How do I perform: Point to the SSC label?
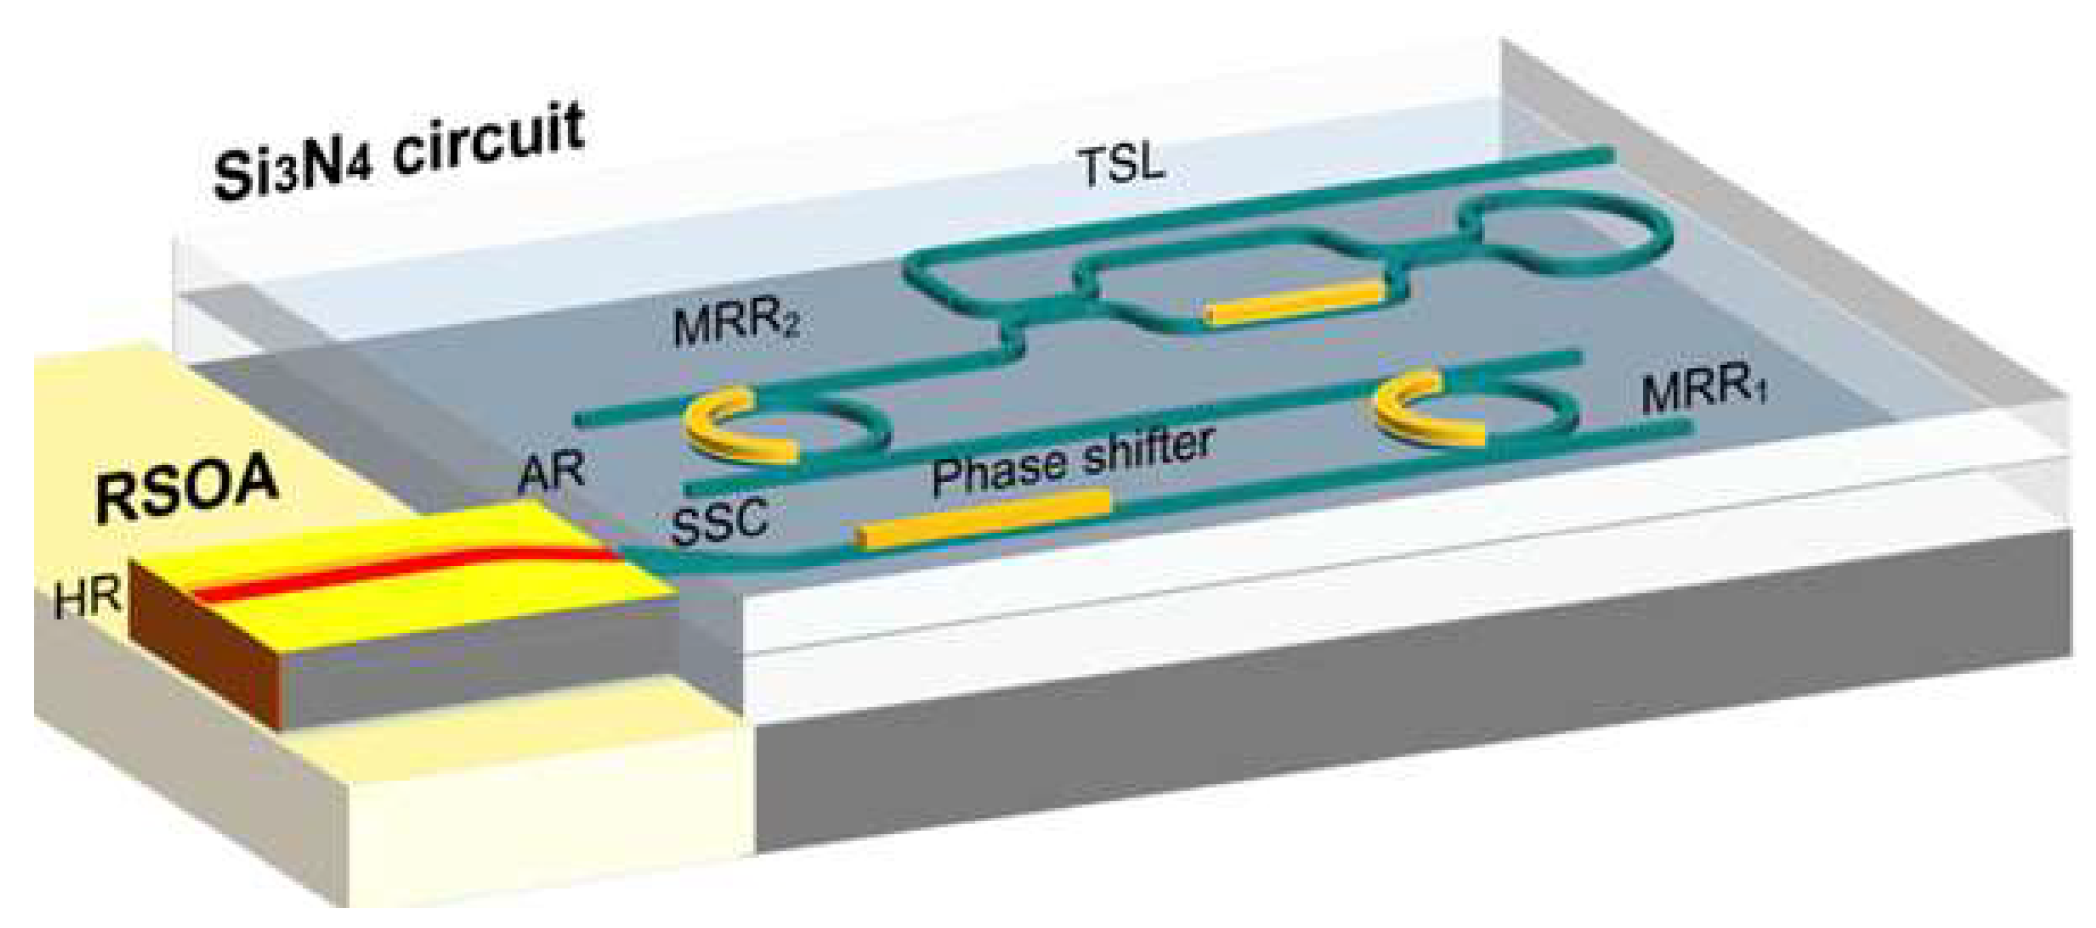pos(719,522)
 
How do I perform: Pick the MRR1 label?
pos(1704,390)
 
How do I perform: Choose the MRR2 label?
pos(735,325)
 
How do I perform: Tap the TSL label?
pos(1121,167)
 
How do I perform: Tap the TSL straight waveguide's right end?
pos(1603,154)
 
